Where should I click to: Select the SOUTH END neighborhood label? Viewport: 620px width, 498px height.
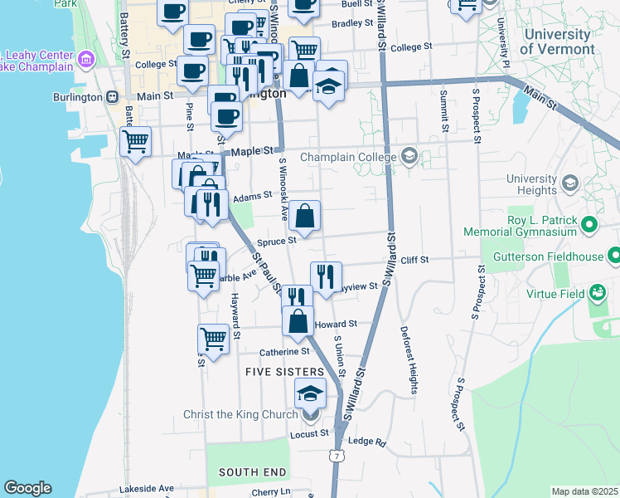point(252,472)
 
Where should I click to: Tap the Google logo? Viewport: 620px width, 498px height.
point(27,488)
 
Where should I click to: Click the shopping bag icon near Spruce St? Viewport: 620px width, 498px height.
point(305,217)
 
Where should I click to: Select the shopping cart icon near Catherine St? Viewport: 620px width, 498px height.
point(213,339)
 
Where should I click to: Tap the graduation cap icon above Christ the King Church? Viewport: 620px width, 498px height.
point(311,393)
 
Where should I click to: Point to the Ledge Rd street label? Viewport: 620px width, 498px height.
point(367,442)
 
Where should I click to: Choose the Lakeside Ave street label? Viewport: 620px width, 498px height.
point(147,489)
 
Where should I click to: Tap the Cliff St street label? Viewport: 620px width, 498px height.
point(414,260)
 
